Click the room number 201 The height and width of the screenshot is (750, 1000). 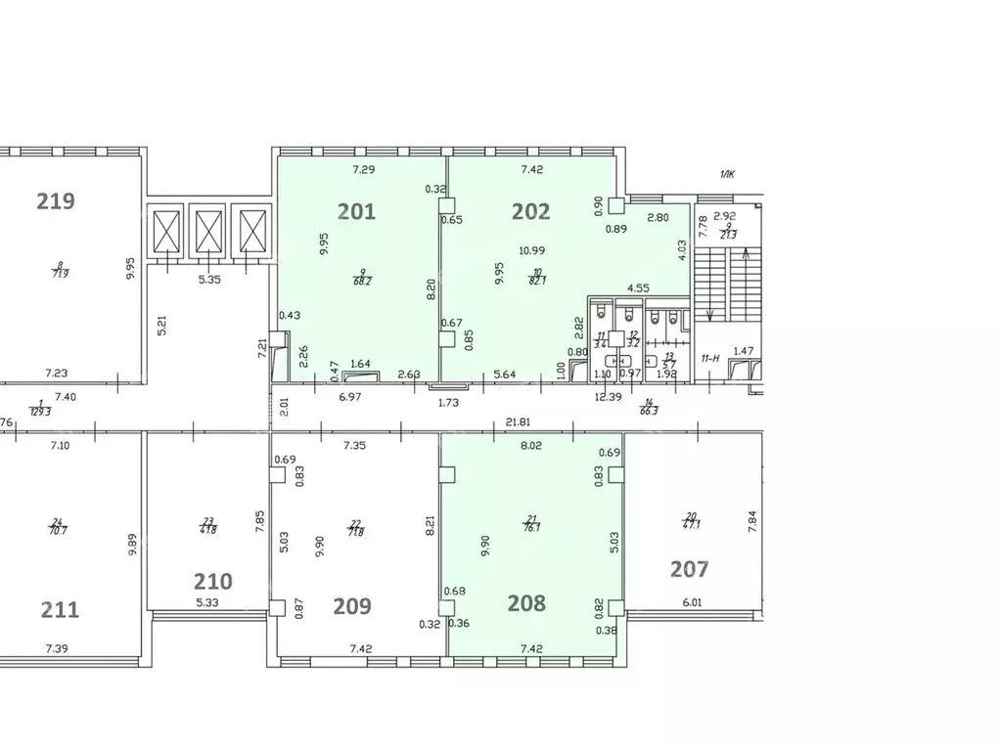(356, 210)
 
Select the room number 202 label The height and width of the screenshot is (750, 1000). (531, 210)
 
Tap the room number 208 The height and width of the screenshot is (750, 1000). (526, 603)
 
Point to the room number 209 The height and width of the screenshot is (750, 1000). (352, 606)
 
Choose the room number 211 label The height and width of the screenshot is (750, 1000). (60, 609)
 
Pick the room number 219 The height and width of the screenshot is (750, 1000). (56, 201)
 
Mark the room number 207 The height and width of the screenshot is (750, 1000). (689, 568)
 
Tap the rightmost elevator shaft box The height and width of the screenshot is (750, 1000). (252, 232)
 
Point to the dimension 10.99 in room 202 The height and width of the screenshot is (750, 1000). (532, 250)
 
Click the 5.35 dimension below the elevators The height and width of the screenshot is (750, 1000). (207, 279)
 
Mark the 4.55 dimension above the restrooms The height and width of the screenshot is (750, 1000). (639, 287)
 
